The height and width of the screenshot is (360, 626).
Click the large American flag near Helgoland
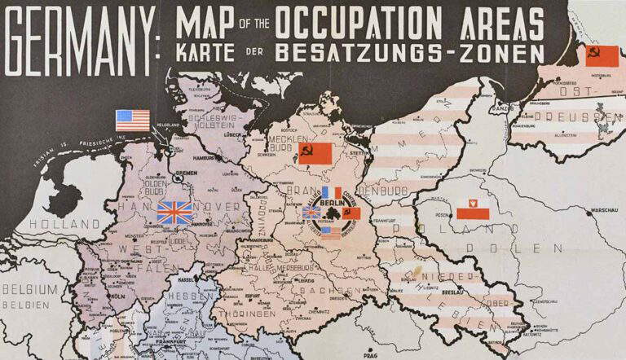(x=133, y=121)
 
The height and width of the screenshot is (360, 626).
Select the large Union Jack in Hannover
(x=175, y=213)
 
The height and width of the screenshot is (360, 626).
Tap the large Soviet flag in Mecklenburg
(x=315, y=153)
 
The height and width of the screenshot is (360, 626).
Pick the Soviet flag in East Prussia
(x=602, y=55)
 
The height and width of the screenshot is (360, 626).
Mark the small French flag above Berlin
(x=331, y=193)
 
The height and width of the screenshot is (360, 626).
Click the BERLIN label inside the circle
(x=331, y=203)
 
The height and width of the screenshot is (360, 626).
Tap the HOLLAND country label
(x=51, y=222)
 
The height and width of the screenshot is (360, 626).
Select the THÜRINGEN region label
(x=246, y=314)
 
